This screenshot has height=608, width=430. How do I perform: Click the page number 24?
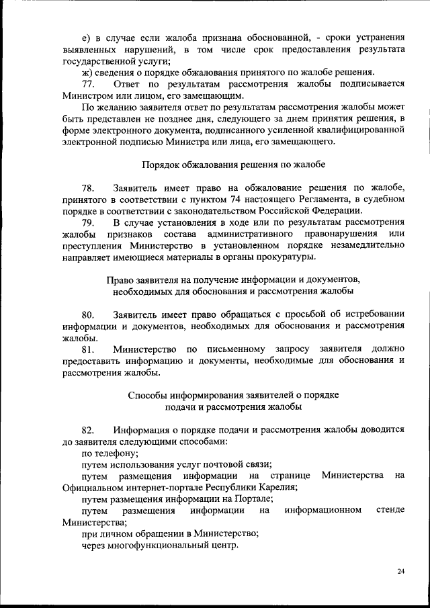click(400, 572)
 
